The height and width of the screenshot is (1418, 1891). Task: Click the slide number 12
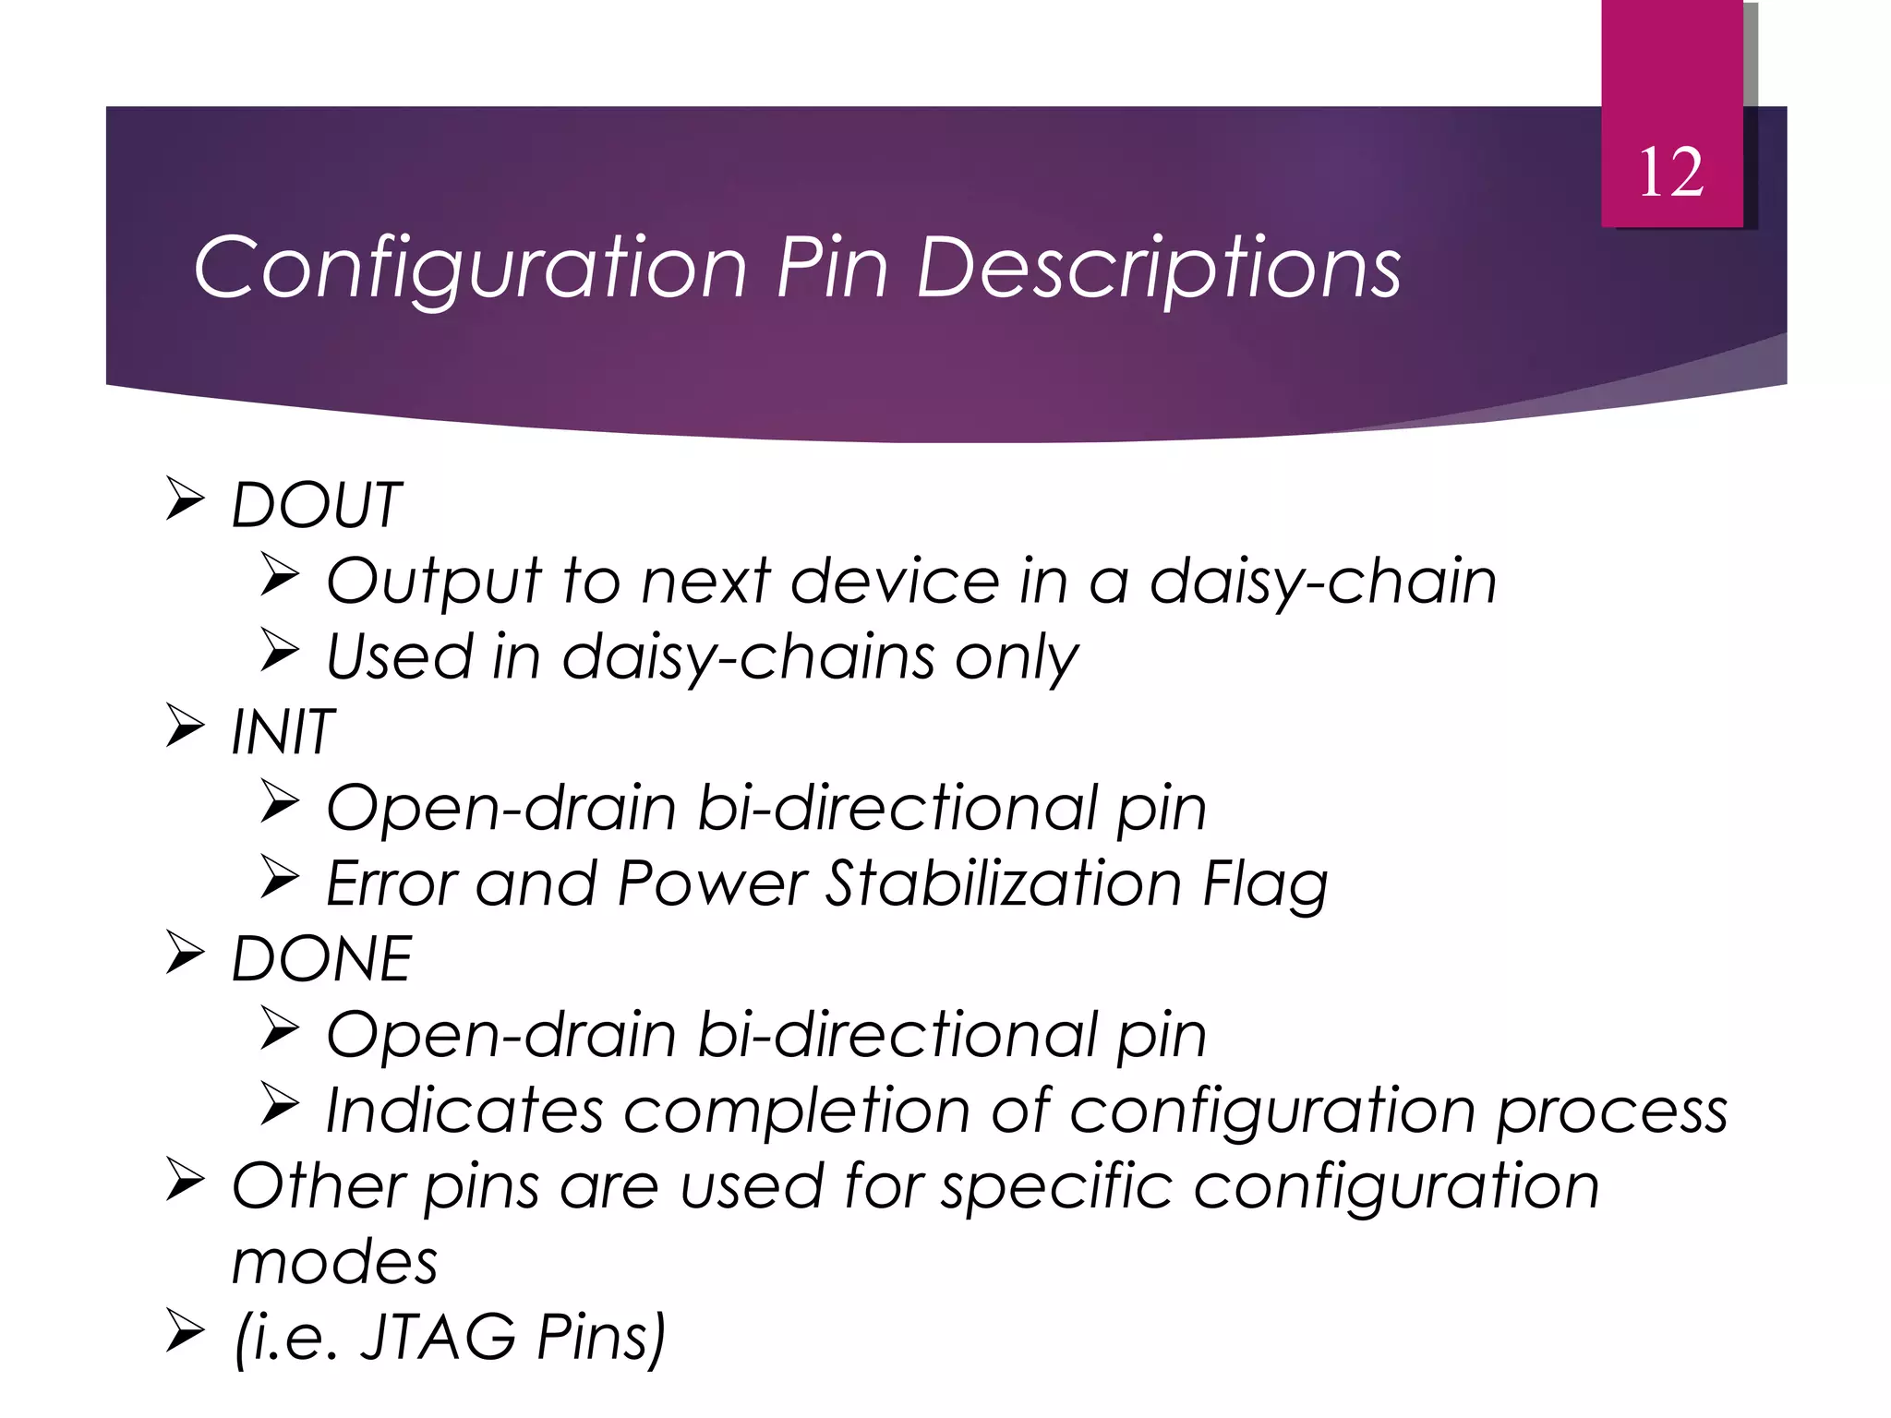1671,173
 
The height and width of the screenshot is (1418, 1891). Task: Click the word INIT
282,732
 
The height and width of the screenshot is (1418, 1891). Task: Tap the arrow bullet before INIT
185,726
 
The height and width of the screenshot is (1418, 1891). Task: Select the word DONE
321,959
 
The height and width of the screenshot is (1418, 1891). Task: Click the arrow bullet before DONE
185,953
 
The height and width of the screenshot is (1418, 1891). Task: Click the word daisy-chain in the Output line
1322,582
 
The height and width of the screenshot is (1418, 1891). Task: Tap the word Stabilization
1004,883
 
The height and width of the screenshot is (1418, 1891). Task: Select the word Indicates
464,1110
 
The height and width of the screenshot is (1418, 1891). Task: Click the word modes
334,1262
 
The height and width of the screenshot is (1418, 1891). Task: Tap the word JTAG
439,1337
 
